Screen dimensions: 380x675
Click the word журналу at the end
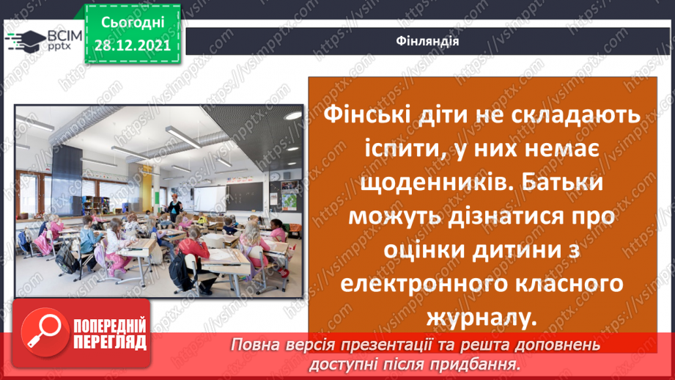[x=476, y=317]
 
